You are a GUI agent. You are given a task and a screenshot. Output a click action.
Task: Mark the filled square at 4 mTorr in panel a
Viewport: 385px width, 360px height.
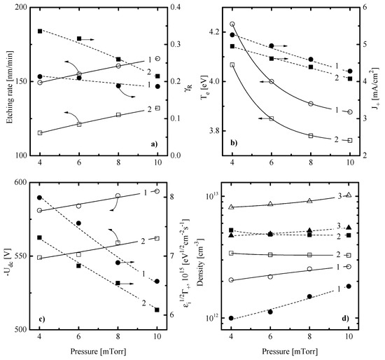pos(40,32)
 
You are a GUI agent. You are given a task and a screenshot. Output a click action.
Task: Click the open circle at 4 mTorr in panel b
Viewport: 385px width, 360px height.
pos(232,24)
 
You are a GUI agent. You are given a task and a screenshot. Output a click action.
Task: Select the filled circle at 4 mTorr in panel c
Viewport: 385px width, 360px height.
pos(40,198)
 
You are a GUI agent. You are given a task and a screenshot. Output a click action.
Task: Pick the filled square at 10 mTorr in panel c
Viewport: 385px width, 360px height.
pos(157,309)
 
